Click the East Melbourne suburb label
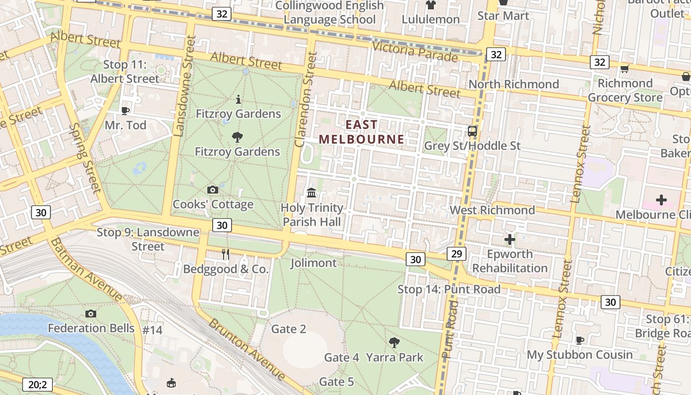click(361, 132)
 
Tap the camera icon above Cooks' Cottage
click(213, 190)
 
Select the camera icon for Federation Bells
click(91, 314)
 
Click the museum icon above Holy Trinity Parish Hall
click(311, 193)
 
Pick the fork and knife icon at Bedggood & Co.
click(226, 254)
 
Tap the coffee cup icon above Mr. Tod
click(125, 111)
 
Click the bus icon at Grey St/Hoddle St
click(472, 131)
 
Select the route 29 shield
click(456, 254)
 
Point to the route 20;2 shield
click(38, 384)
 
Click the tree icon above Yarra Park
click(394, 342)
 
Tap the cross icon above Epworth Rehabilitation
click(510, 240)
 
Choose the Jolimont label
click(313, 263)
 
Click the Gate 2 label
click(289, 329)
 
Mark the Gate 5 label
click(336, 382)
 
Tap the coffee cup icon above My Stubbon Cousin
click(580, 340)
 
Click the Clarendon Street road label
click(306, 100)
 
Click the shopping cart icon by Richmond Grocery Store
click(624, 69)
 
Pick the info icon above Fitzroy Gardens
click(238, 100)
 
